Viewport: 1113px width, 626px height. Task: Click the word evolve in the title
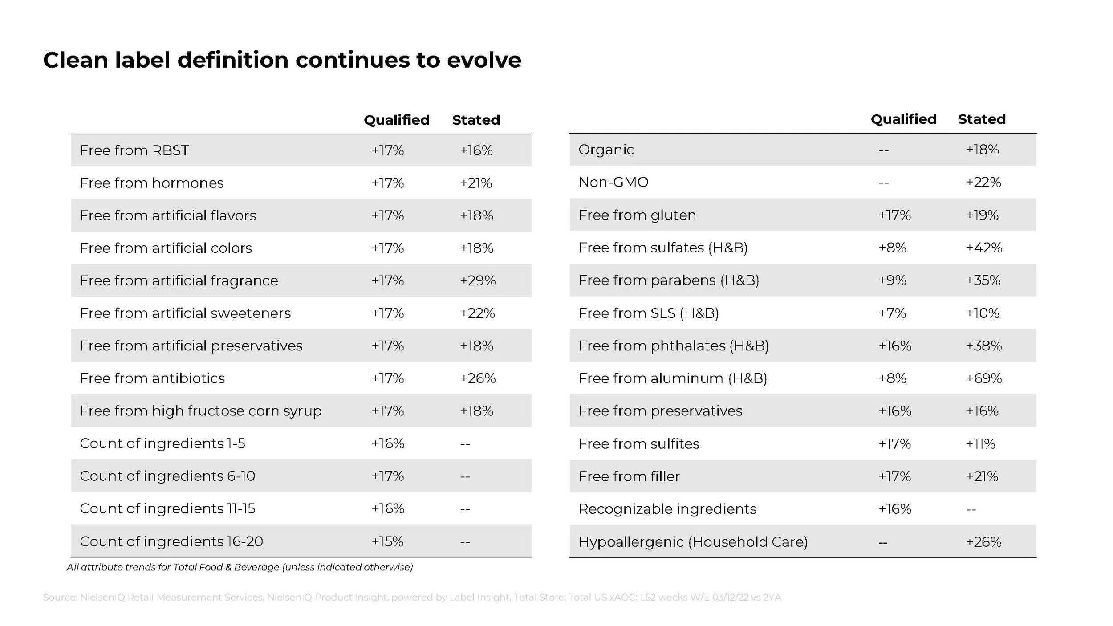[x=484, y=60]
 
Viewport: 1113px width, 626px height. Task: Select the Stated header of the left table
[x=476, y=120]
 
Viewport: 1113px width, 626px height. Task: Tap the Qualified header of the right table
[x=903, y=119]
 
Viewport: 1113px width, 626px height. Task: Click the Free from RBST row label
[x=134, y=150]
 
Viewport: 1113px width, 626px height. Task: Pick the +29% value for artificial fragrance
[x=478, y=280]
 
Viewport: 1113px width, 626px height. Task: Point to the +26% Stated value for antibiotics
[x=478, y=378]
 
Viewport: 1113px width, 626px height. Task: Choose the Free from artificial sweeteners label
[x=185, y=313]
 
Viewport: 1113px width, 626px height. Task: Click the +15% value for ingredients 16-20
[x=387, y=541]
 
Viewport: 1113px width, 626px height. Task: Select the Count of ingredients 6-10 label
[x=167, y=476]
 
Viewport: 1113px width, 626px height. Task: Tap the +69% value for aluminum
[x=983, y=378]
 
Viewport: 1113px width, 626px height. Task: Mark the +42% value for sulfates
[x=984, y=248]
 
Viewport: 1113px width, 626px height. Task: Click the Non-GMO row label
[x=613, y=182]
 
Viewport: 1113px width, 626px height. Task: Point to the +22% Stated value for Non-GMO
[x=983, y=182]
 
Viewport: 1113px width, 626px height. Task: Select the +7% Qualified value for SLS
[x=892, y=313]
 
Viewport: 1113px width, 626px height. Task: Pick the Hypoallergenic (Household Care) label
[x=693, y=542]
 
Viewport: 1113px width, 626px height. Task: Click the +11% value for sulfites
[x=980, y=444]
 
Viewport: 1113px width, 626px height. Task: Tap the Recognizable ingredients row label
[x=667, y=509]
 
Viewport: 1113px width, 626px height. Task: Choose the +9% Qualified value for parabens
[x=892, y=280]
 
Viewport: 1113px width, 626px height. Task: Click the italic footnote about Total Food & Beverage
[x=240, y=567]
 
